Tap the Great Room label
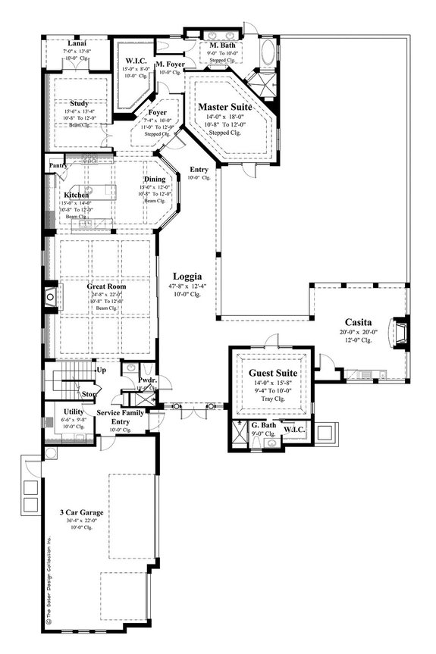click(x=105, y=287)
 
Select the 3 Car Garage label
click(x=83, y=513)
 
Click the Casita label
click(x=356, y=321)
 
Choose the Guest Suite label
click(x=272, y=374)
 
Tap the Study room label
click(x=79, y=104)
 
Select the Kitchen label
click(x=77, y=195)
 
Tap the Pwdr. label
click(x=146, y=379)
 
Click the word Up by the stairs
click(x=101, y=370)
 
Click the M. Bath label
click(x=220, y=45)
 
